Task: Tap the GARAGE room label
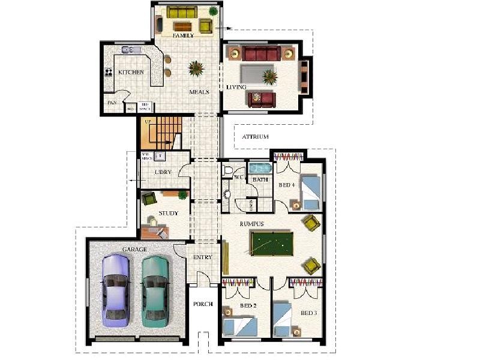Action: coord(134,248)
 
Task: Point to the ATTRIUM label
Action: coord(255,137)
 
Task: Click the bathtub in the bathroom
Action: coord(260,168)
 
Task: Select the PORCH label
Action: coord(203,304)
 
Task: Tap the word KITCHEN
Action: coord(131,72)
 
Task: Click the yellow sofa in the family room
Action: coord(182,12)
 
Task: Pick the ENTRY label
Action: coord(203,257)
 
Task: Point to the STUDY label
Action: coord(168,214)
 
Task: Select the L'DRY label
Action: coord(163,172)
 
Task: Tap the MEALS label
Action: coord(199,92)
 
